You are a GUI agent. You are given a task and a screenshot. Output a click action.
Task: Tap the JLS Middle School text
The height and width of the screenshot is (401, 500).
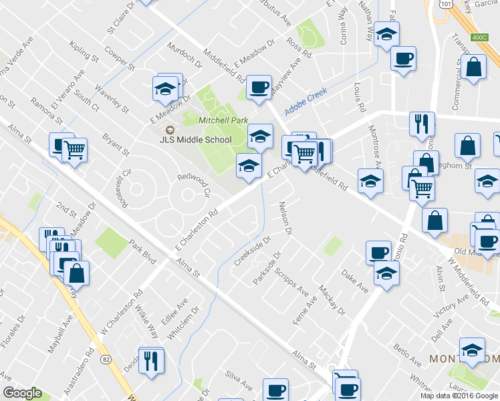click(x=204, y=140)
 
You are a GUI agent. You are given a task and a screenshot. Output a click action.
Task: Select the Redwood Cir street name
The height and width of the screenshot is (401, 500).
click(x=194, y=185)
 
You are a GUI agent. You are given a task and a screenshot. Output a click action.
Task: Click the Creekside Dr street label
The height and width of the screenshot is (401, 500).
click(x=252, y=250)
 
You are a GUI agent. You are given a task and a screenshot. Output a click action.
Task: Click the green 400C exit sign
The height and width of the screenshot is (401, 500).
click(x=480, y=37)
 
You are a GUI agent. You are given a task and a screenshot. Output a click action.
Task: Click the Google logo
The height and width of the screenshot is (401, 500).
click(x=22, y=393)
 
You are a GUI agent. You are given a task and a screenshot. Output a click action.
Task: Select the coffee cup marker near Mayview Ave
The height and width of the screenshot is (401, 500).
click(x=258, y=87)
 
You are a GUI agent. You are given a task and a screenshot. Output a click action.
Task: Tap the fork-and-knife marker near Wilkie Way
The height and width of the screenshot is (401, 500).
click(x=151, y=360)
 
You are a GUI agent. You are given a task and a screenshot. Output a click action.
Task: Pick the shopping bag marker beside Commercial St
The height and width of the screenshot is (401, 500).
click(x=473, y=68)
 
